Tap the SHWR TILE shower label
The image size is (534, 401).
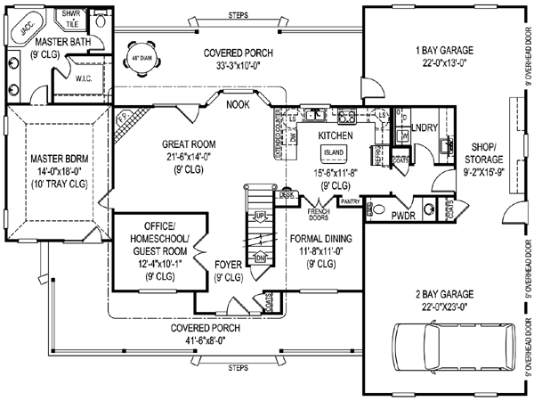tap(67, 19)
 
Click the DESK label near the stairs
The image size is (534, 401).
tap(286, 193)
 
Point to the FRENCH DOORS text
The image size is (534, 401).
tap(319, 213)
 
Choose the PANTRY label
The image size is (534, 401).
tap(350, 202)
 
